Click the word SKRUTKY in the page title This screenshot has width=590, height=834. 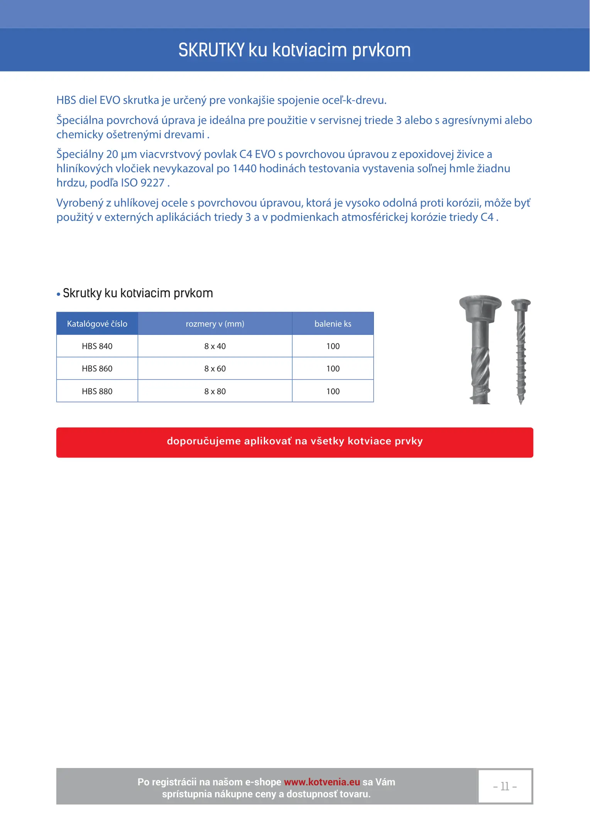point(211,50)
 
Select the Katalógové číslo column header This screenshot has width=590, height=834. point(97,324)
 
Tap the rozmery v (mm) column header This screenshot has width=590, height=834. point(215,324)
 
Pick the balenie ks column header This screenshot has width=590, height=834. point(333,324)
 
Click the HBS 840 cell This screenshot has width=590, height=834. point(97,346)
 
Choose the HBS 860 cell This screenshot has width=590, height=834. point(97,368)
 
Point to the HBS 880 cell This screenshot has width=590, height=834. point(97,391)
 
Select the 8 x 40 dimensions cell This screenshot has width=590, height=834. point(215,346)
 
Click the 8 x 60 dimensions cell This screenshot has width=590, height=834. point(215,368)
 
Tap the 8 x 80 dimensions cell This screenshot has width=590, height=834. point(215,391)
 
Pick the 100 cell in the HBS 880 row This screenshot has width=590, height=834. point(333,391)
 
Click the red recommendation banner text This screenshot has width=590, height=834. point(295,441)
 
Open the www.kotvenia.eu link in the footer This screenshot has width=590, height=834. point(322,782)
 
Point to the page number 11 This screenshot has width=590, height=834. point(505,786)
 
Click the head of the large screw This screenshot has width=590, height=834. point(480,305)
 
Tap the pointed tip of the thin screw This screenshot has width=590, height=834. point(521,402)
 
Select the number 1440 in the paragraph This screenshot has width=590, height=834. point(244,168)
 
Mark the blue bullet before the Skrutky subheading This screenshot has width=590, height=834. point(59,294)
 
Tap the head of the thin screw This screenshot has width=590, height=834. point(521,304)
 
